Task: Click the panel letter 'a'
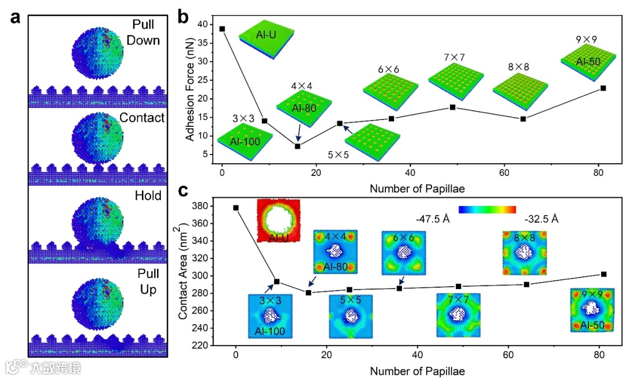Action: (15, 17)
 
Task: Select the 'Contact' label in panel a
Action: (142, 118)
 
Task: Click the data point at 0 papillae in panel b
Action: (222, 28)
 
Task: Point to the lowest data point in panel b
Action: (298, 146)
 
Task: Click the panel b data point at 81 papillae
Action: (603, 88)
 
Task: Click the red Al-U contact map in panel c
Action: (280, 221)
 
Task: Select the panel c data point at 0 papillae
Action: (235, 208)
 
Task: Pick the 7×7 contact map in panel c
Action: (457, 316)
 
